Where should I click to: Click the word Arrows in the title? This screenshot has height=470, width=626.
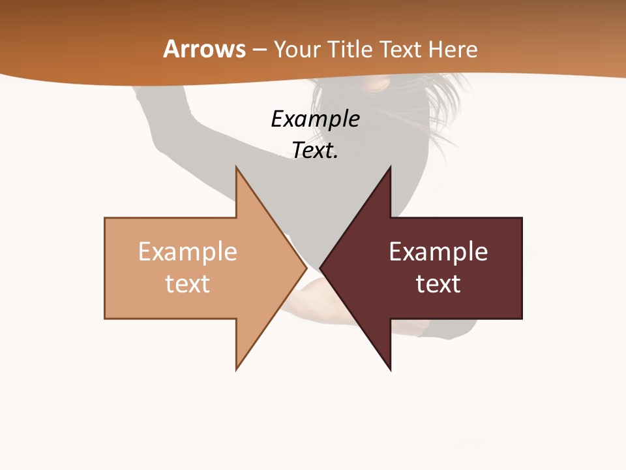pos(204,49)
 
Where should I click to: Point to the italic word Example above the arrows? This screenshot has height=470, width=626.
pos(315,119)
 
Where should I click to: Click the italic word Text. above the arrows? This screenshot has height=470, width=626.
pos(315,150)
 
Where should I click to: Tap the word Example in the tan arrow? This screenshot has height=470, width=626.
pos(188,252)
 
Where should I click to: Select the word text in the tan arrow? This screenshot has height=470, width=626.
pos(188,283)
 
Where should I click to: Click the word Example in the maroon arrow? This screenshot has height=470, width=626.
pos(438,252)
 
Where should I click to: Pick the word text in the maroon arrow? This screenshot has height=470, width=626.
pos(438,283)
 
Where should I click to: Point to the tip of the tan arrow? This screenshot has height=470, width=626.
pos(305,268)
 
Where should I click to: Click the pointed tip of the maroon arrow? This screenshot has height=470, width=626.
pos(321,268)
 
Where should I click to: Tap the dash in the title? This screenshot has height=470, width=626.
pos(259,50)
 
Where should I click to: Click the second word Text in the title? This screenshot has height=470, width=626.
pos(401,49)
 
